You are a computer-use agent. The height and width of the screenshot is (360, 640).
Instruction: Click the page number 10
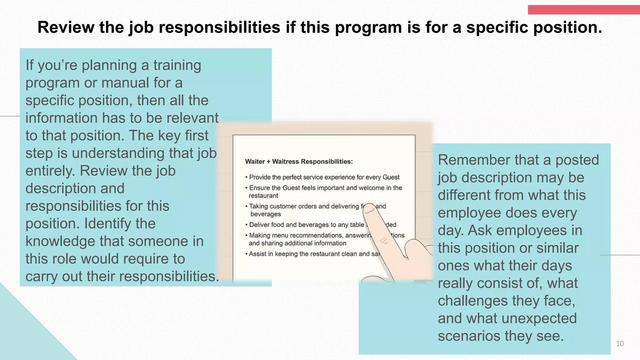(x=620, y=344)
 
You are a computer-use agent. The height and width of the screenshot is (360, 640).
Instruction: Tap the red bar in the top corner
(x=583, y=10)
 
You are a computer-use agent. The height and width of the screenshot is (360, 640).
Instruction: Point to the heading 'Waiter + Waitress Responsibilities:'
(x=299, y=162)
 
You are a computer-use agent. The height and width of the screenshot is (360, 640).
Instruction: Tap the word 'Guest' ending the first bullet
(x=391, y=177)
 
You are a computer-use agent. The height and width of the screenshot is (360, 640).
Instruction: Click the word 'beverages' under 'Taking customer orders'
(x=266, y=214)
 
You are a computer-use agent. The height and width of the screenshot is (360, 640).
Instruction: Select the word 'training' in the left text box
(x=177, y=65)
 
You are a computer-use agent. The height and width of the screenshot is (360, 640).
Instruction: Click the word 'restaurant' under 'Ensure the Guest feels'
(x=263, y=196)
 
